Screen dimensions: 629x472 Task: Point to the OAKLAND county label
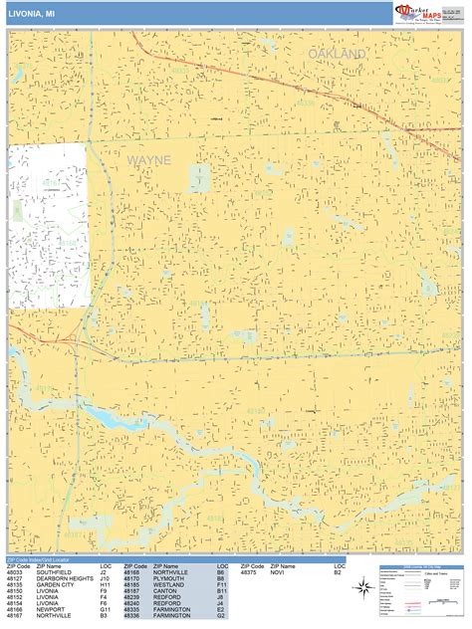click(x=337, y=53)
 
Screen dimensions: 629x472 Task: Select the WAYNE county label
click(x=148, y=159)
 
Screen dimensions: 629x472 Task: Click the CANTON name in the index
click(x=166, y=591)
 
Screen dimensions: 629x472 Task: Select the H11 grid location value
click(x=105, y=585)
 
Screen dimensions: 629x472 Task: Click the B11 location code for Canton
click(x=221, y=591)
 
